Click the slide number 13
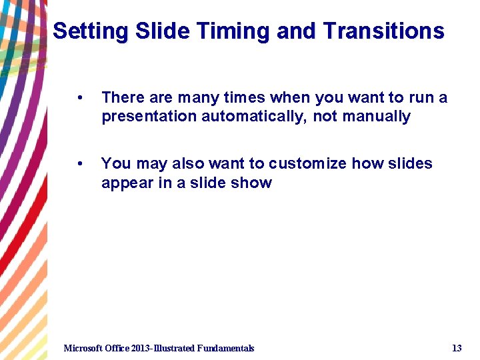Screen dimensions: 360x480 [x=457, y=348]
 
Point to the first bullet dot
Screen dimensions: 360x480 [x=80, y=98]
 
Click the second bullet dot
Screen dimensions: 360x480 [x=80, y=164]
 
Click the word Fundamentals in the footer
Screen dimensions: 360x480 [x=225, y=348]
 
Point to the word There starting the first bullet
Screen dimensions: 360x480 [x=123, y=98]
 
